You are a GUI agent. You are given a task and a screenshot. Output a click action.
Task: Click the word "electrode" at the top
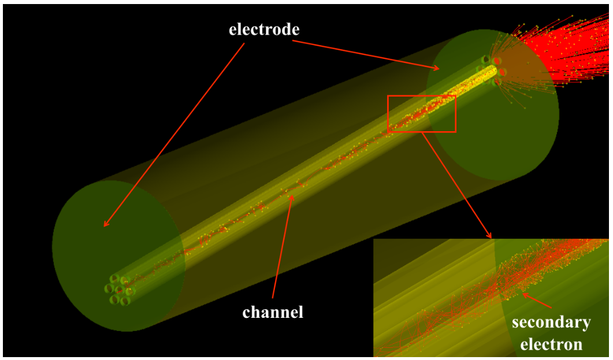click(x=264, y=29)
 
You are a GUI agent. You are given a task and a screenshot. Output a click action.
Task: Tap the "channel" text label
click(x=273, y=313)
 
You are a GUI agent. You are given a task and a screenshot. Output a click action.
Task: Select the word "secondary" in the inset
click(x=551, y=322)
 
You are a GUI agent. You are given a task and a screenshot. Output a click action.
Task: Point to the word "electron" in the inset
click(x=551, y=345)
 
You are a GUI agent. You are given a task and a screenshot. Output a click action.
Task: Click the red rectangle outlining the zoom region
click(x=422, y=97)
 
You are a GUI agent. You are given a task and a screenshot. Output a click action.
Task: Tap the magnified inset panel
click(x=491, y=298)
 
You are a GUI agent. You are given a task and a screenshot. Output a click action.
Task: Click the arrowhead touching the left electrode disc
click(x=106, y=224)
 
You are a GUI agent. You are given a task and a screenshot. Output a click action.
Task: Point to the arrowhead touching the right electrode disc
click(x=437, y=69)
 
